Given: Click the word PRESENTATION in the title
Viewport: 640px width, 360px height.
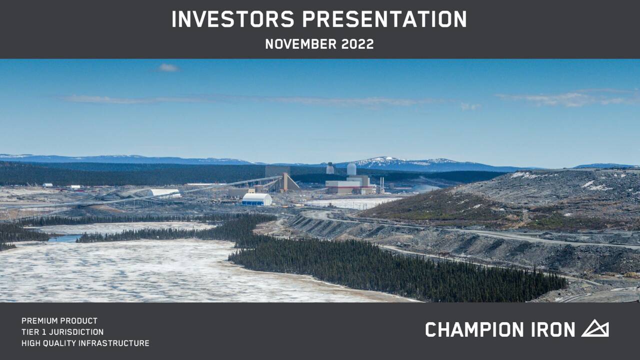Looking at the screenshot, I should (384, 19).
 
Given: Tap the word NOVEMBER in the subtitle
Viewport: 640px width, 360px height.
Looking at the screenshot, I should (300, 44).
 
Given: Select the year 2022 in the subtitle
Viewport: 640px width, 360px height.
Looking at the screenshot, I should (357, 44).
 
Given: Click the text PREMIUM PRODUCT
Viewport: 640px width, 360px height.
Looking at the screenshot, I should (59, 321).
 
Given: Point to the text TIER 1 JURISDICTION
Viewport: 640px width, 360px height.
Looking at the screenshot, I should (62, 332).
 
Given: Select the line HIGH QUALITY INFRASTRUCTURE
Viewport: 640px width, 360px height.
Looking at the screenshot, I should (85, 343).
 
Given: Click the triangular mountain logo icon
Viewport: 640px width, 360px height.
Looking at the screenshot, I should (595, 328).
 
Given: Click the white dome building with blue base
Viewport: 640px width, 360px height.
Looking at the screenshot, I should (257, 199).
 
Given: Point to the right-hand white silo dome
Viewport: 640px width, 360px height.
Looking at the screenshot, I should (351, 169).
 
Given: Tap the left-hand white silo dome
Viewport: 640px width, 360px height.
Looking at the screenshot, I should (330, 168).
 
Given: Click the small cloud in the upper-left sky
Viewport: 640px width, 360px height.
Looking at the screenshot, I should (168, 67).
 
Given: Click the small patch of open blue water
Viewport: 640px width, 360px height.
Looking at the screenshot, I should (65, 238).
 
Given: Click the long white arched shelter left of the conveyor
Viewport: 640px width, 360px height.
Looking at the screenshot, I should (164, 192).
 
